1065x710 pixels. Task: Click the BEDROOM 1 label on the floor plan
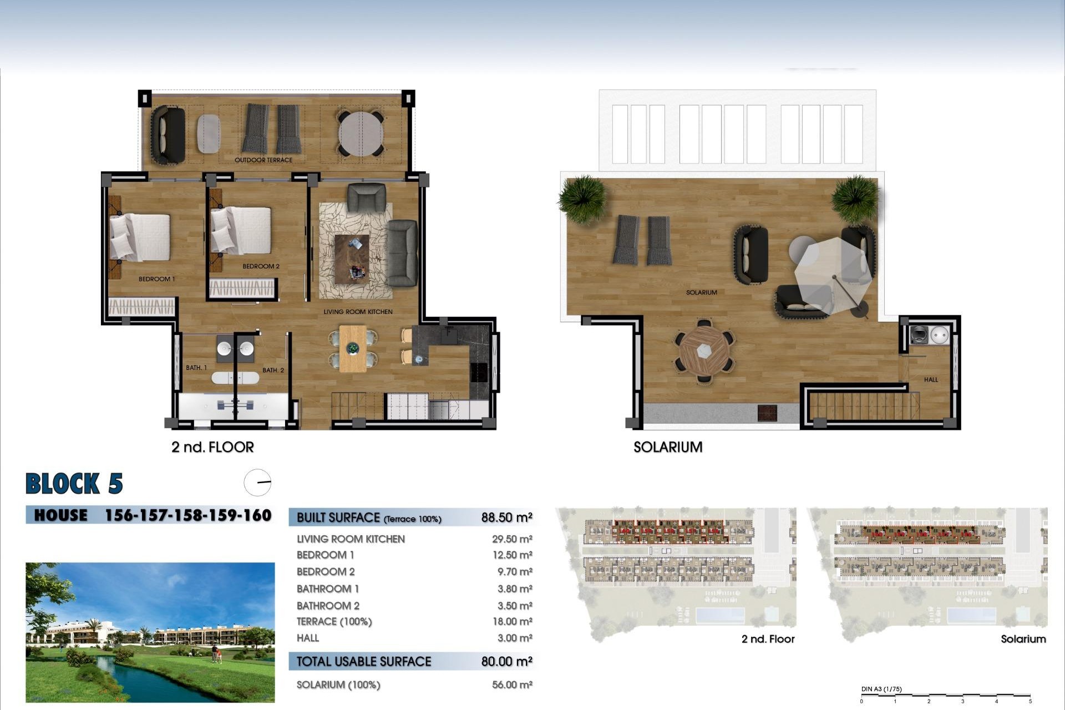pos(156,279)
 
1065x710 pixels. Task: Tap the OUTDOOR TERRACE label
pos(263,160)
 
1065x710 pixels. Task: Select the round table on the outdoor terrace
pos(361,134)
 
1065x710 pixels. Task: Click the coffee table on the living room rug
pos(352,258)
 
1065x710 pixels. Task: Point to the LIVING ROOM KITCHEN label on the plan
pos(358,312)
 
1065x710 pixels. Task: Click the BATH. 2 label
pos(273,370)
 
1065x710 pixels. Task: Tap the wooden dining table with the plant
pos(353,348)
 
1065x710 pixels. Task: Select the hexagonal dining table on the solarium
pos(704,351)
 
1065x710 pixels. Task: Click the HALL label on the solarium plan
pos(931,380)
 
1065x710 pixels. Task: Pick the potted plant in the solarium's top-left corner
pos(582,198)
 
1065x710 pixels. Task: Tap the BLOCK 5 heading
pos(74,484)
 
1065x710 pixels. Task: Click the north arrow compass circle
pos(257,483)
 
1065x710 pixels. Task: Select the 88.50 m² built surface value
pos(506,518)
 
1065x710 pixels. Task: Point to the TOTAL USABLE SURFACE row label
pos(363,662)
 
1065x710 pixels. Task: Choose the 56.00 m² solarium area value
pos(511,685)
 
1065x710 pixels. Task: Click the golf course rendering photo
pos(150,632)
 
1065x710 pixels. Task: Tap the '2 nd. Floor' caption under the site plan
pos(768,639)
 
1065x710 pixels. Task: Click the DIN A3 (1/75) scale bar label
pos(881,689)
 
